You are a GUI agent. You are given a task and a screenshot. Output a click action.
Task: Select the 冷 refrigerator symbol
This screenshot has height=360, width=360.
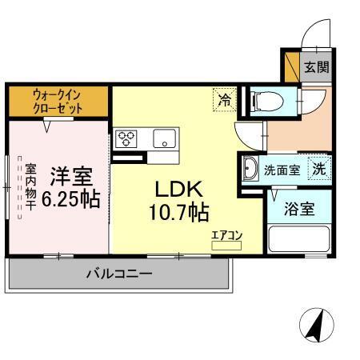point(225,100)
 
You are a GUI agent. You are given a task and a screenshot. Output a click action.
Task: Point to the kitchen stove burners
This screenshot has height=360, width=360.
point(126,138)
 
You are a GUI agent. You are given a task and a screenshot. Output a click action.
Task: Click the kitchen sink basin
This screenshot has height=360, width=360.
point(163,138)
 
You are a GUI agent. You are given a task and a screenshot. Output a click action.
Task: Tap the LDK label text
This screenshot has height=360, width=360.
point(181,190)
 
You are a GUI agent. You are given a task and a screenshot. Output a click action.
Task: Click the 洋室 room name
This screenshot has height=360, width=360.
point(72,174)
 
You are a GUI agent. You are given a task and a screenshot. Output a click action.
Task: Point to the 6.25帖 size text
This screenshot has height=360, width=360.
point(72,198)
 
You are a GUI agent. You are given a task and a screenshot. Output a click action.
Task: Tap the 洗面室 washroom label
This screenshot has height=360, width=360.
point(282,170)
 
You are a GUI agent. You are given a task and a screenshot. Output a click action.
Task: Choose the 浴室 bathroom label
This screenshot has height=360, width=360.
point(301,211)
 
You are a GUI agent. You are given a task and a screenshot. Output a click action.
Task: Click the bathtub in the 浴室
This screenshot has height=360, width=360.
point(301,239)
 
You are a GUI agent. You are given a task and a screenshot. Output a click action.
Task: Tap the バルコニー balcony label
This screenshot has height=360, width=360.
point(119,274)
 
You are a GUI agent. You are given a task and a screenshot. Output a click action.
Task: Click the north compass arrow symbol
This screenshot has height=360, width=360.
point(314,324)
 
